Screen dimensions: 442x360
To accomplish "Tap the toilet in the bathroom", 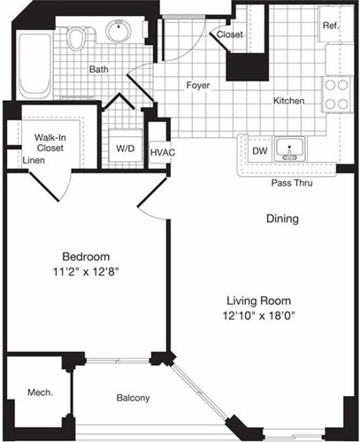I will pyautogui.click(x=78, y=39).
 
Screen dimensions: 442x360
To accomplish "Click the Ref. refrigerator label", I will pyautogui.click(x=330, y=25).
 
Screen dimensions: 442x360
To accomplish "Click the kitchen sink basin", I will pyautogui.click(x=288, y=148).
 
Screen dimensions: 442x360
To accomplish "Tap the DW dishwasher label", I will pyautogui.click(x=260, y=151).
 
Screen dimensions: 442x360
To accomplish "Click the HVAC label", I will pyautogui.click(x=162, y=152).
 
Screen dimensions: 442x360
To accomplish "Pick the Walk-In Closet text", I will pyautogui.click(x=51, y=143).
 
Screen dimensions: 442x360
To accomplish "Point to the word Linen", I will pyautogui.click(x=34, y=161).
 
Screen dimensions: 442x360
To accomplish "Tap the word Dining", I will pyautogui.click(x=281, y=218).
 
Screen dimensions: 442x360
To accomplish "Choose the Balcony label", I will pyautogui.click(x=134, y=397).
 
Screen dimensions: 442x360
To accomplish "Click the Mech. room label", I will pyautogui.click(x=36, y=391).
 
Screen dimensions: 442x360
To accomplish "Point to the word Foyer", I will pyautogui.click(x=196, y=86).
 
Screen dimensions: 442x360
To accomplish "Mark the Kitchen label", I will pyautogui.click(x=288, y=101).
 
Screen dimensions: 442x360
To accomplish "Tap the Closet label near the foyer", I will pyautogui.click(x=230, y=34).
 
